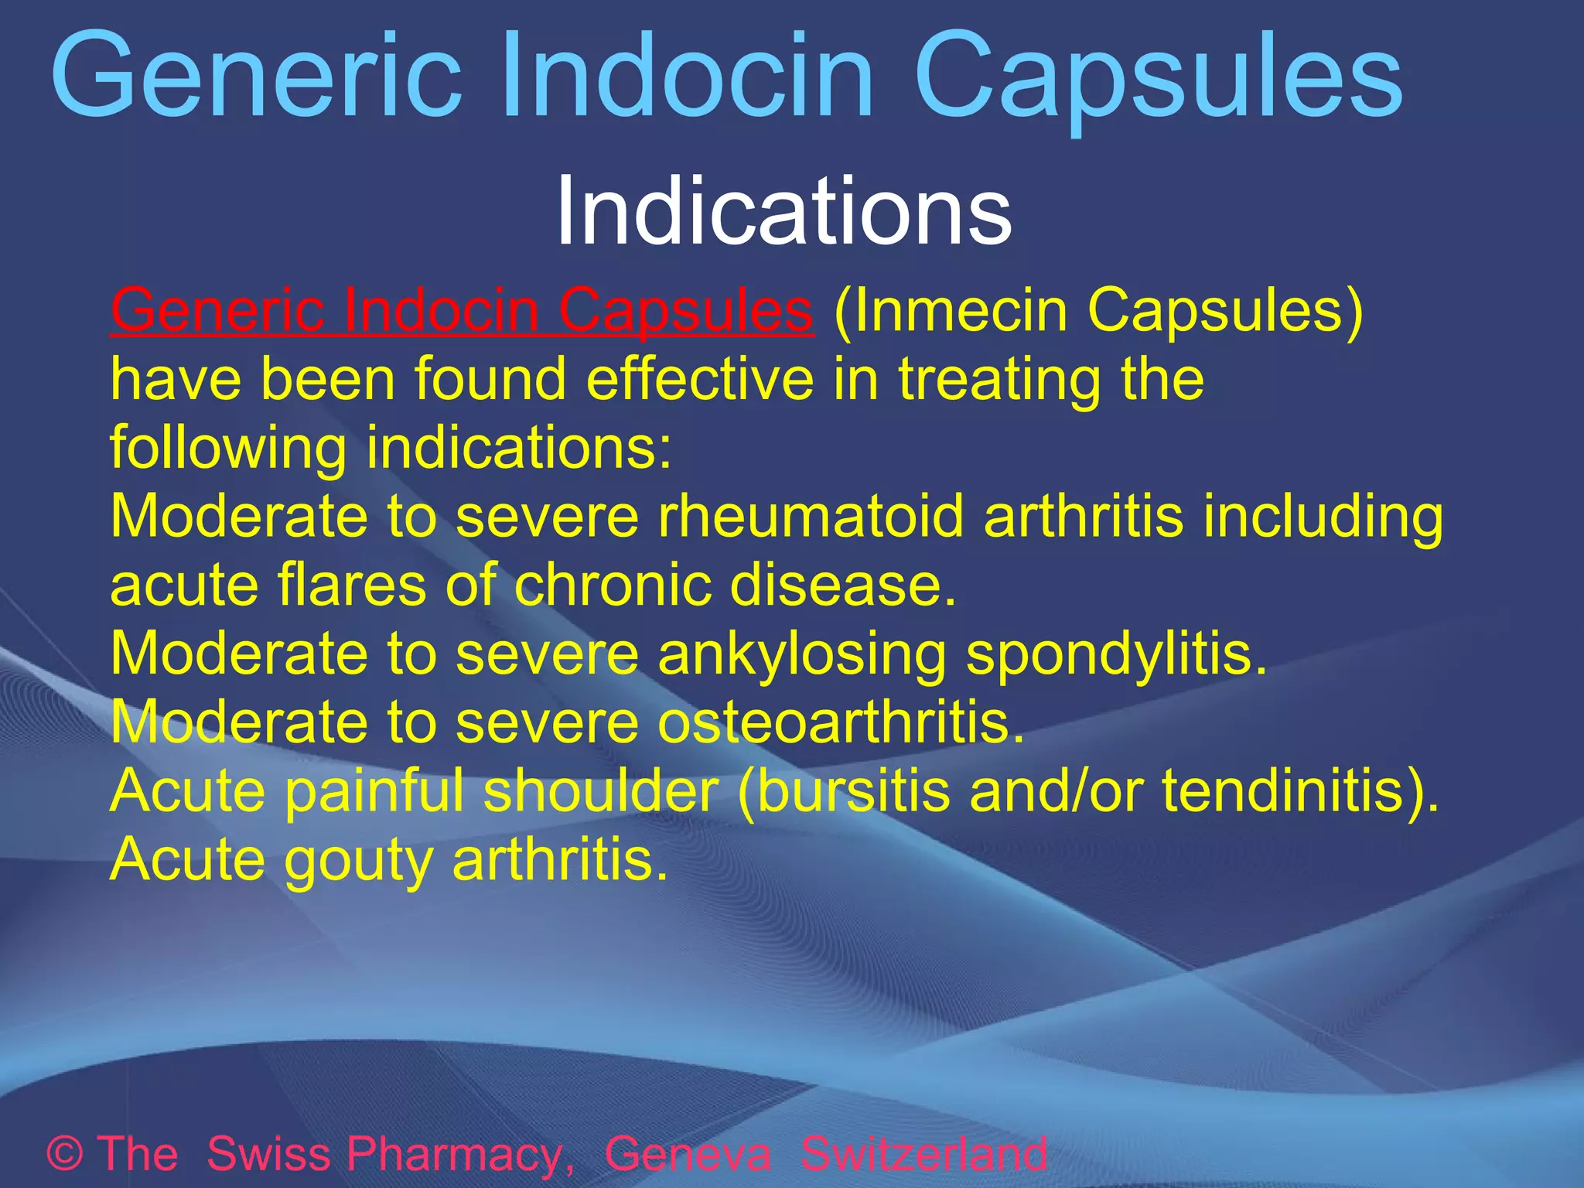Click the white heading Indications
pos(783,211)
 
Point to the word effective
pos(699,379)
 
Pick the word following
pos(227,449)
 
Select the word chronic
pos(612,585)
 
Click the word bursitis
pos(844,790)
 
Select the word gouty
pos(358,860)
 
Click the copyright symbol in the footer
pos(65,1153)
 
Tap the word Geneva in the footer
pos(687,1153)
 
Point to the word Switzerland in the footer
pos(923,1153)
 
